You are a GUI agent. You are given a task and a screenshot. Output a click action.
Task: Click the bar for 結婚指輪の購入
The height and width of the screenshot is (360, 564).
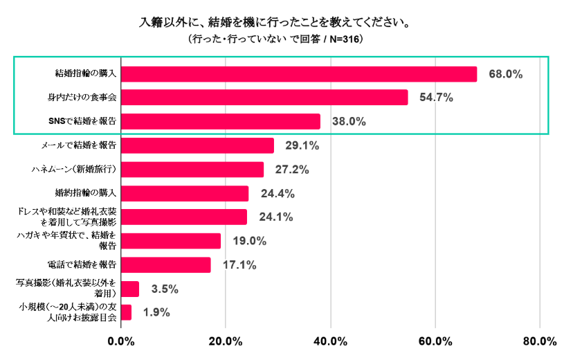[x=299, y=73]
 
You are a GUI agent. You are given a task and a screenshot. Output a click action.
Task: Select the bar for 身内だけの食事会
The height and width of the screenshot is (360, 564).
[x=264, y=98]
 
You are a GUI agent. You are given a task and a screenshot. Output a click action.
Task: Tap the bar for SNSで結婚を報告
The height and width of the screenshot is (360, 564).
[x=221, y=122]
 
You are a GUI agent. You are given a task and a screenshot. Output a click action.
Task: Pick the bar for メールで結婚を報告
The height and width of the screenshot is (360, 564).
[x=197, y=145]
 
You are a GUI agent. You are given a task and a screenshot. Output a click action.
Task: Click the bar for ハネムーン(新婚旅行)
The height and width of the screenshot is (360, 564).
[x=192, y=170]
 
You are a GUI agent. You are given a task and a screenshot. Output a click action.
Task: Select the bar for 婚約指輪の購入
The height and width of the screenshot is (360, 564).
[x=185, y=193]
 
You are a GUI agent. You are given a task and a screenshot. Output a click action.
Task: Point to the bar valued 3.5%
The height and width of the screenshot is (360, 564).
[x=130, y=289]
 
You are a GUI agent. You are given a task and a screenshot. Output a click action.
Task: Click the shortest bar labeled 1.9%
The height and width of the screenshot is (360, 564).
[x=126, y=312]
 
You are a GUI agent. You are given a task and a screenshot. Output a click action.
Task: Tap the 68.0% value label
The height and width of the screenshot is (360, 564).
[x=504, y=74]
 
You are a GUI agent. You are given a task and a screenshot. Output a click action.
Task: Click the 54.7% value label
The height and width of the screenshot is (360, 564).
[x=435, y=98]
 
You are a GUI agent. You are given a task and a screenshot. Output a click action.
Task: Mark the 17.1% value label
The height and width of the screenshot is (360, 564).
[x=239, y=265]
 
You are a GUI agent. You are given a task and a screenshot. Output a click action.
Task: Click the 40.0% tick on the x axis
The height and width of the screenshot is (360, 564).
[x=330, y=341]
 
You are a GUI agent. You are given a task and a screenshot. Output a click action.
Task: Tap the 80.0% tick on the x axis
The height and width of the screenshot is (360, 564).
[x=539, y=341]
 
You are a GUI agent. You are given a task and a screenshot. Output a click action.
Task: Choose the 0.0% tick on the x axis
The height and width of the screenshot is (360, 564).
[x=122, y=341]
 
